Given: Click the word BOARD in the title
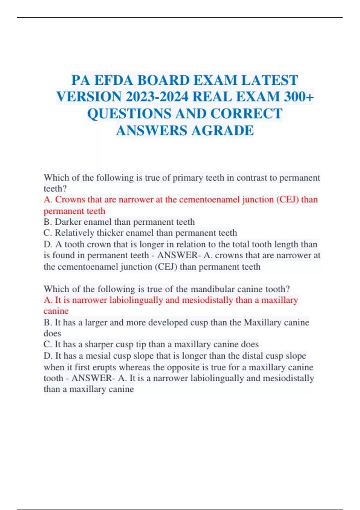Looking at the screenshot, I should coord(164,80).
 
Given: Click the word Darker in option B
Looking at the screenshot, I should coord(68,222).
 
